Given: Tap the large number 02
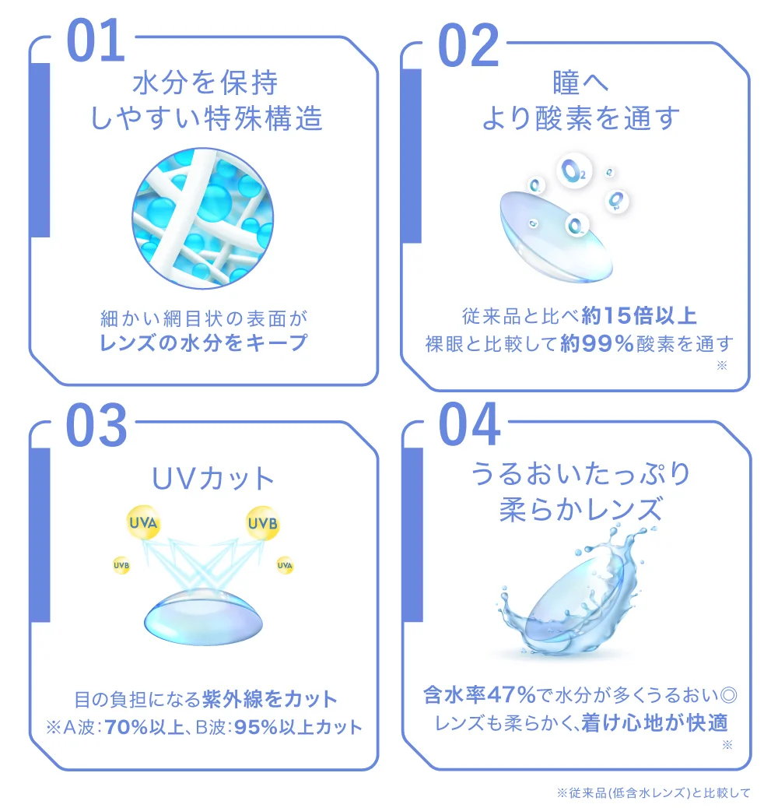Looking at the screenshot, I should point(468,44).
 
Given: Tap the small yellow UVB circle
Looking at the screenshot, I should point(121,565).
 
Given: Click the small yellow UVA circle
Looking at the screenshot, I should point(285,565).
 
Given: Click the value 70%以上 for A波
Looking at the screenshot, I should point(135,728).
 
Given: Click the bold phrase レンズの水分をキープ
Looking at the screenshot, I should point(204,343).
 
